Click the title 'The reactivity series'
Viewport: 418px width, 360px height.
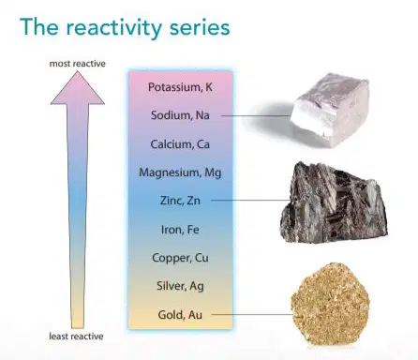125,27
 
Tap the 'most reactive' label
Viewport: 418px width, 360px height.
78,64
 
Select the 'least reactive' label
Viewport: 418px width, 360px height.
76,337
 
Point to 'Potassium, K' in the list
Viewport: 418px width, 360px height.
180,87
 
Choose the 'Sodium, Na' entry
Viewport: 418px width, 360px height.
180,115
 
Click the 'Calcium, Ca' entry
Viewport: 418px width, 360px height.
180,144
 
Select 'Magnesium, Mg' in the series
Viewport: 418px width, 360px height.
180,172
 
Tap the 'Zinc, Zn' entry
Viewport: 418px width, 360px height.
180,201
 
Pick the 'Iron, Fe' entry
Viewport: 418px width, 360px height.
180,230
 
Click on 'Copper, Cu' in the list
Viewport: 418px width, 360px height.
180,258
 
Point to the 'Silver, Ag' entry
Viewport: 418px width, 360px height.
180,286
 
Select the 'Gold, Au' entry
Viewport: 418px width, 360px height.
180,315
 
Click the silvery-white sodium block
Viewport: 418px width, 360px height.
331,110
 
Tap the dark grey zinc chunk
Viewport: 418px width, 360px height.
334,202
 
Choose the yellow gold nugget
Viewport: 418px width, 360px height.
331,304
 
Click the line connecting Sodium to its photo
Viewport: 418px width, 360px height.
256,115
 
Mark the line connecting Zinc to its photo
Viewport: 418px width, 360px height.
250,201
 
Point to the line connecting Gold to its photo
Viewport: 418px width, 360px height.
252,314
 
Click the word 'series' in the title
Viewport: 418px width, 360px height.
200,27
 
